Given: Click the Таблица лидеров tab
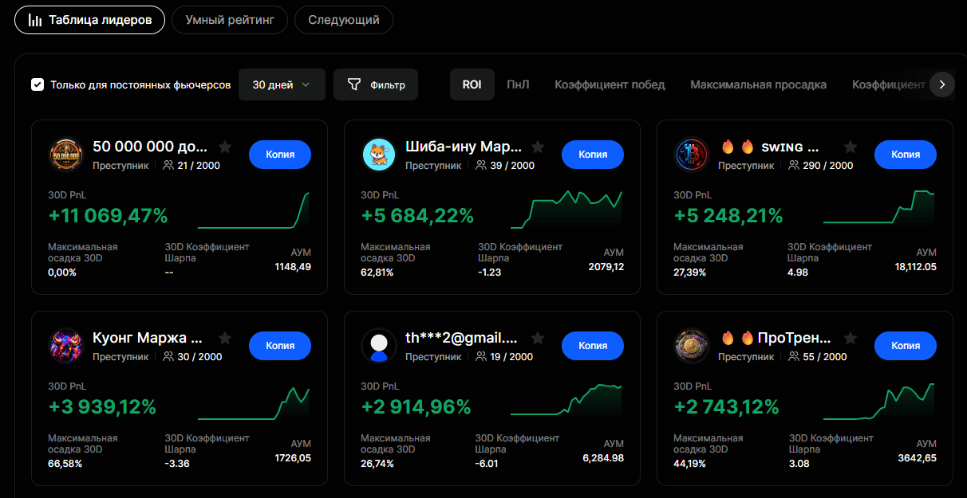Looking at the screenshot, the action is pos(90,20).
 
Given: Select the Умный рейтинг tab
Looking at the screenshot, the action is pos(230,20).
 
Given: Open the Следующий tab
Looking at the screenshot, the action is pos(344,20).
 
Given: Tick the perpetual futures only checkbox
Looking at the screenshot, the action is pos(37,84).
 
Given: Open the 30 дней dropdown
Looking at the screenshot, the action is pos(282,84).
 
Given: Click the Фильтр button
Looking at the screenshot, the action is pos(376,84).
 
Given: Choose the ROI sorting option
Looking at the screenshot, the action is pos(472,84).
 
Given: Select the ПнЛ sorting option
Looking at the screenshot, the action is pos(518,84).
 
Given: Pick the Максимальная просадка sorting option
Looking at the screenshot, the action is pos(759,84).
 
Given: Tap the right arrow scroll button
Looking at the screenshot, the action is pos(942,84).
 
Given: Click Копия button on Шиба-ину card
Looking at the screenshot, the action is pos(593,155).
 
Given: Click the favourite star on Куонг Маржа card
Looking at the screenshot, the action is pos(225,338).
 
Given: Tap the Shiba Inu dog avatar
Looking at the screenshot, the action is pos(379,155).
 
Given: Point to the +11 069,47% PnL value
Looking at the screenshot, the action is pos(108,216).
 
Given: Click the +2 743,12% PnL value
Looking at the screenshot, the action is pos(727,406).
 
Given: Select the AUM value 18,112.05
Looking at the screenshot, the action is pos(916,267).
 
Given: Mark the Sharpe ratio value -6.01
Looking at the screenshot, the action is pos(487,464).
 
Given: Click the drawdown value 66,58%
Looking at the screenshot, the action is pos(65,464).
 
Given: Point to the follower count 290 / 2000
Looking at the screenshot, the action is pos(828,166).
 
